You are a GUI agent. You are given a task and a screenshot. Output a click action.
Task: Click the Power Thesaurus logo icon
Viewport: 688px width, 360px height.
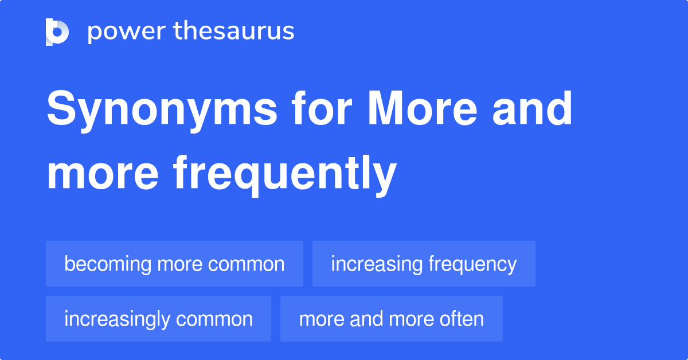tap(57, 32)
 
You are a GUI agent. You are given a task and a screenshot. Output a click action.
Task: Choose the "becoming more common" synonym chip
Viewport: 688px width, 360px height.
tap(174, 264)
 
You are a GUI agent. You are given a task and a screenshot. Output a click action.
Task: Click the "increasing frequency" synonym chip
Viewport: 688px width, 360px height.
tap(424, 264)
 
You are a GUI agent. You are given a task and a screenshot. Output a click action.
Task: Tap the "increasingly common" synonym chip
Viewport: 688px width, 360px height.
tap(158, 319)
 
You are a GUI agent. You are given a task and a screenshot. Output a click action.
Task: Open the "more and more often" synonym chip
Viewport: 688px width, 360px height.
tap(391, 319)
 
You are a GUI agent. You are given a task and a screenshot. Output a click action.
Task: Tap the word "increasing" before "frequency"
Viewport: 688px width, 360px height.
tap(377, 264)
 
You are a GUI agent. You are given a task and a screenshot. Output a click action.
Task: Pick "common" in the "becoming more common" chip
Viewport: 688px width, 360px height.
tap(247, 264)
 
